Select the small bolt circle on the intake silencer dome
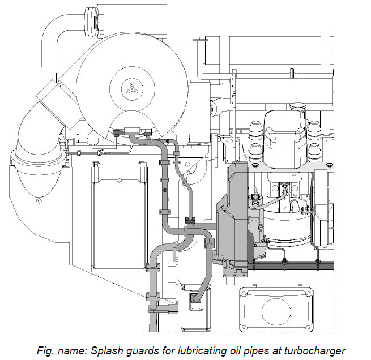(x=39, y=200)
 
